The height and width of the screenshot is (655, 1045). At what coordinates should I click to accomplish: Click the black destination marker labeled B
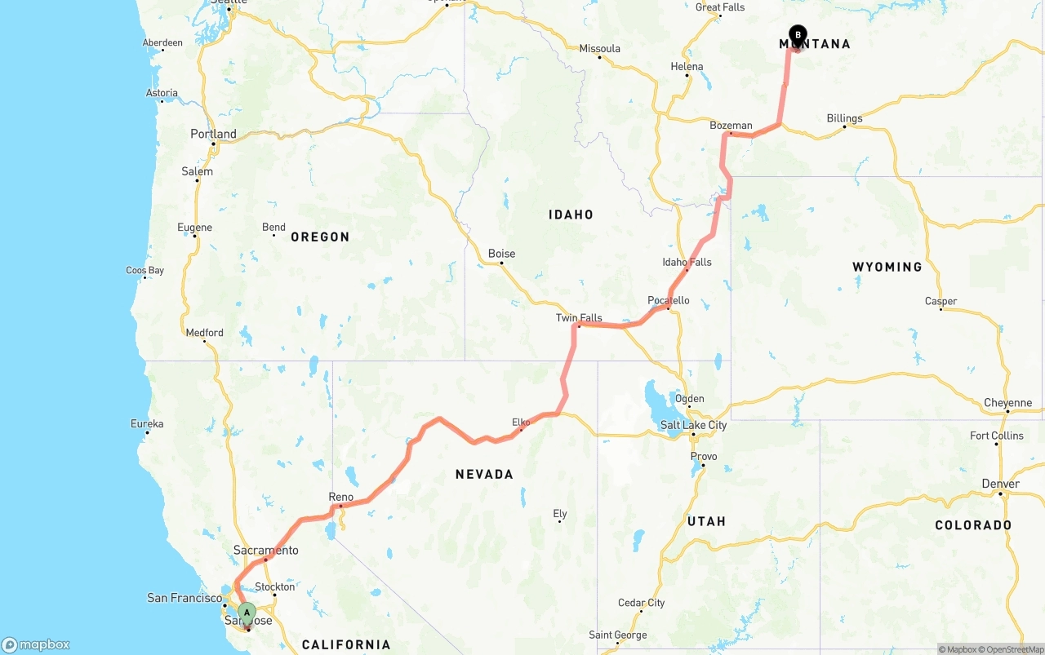(x=798, y=35)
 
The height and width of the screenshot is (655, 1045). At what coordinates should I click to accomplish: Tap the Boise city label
(x=501, y=254)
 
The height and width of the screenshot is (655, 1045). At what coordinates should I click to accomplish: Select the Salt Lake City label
(x=693, y=425)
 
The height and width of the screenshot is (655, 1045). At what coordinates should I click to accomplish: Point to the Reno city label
(x=340, y=497)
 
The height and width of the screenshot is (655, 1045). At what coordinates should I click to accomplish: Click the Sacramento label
(x=265, y=551)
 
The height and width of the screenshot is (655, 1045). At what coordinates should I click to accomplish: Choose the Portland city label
(x=213, y=134)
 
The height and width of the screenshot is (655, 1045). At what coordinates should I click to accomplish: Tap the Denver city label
(x=1000, y=484)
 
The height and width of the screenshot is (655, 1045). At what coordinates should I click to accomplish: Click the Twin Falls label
(x=579, y=318)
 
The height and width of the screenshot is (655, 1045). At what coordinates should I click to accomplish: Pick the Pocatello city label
(x=668, y=300)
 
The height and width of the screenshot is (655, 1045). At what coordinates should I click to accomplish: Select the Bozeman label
(x=731, y=126)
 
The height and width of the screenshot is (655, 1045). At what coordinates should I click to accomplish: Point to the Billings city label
(x=844, y=118)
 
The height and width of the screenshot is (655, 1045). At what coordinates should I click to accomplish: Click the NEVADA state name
(x=484, y=474)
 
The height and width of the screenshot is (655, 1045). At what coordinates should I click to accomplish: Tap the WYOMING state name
(x=887, y=267)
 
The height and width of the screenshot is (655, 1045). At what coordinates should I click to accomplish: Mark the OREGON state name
(x=320, y=237)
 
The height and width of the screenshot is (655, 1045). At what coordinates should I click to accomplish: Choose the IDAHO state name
(x=571, y=215)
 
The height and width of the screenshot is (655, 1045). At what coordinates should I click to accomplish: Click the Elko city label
(x=521, y=422)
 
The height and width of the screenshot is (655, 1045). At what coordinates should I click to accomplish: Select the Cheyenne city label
(x=1007, y=403)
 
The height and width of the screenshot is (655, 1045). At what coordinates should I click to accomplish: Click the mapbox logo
(x=36, y=644)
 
